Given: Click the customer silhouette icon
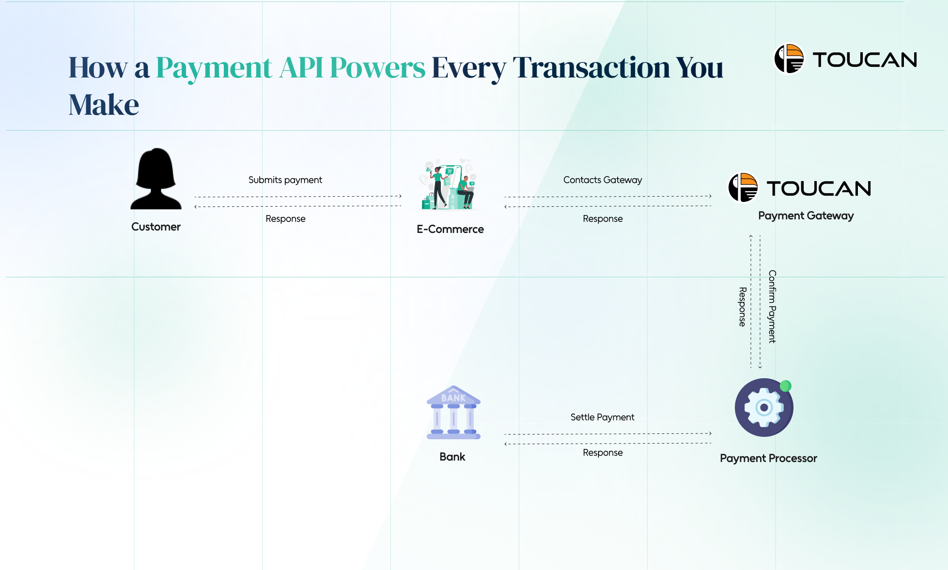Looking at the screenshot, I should pos(156,179).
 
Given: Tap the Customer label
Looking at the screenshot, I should pos(156,227).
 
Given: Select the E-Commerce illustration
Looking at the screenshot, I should pos(450,185).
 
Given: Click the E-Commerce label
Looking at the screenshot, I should pos(450,229).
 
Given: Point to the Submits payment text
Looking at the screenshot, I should pos(285,180).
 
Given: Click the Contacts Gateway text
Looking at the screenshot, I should pos(603,180).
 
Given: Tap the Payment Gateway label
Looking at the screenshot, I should pos(806,216).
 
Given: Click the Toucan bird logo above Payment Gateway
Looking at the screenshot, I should pos(743,187).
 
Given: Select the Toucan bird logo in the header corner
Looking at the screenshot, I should pos(789,59).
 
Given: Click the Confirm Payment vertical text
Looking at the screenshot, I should pos(772,307).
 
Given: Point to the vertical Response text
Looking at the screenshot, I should pos(742,307).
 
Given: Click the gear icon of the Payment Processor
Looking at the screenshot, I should pos(763,407).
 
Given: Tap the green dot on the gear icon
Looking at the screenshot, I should pos(786,386).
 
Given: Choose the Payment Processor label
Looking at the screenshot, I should pos(768,458).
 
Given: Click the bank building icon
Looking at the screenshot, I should pos(453,413).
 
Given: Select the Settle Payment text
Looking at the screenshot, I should pos(602,417).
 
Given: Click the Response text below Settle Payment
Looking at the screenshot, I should pos(603,452).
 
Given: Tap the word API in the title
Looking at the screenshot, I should pos(301,67).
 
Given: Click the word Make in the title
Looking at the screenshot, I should pos(104,105).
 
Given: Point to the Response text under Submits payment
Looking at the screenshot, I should pos(285,218).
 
